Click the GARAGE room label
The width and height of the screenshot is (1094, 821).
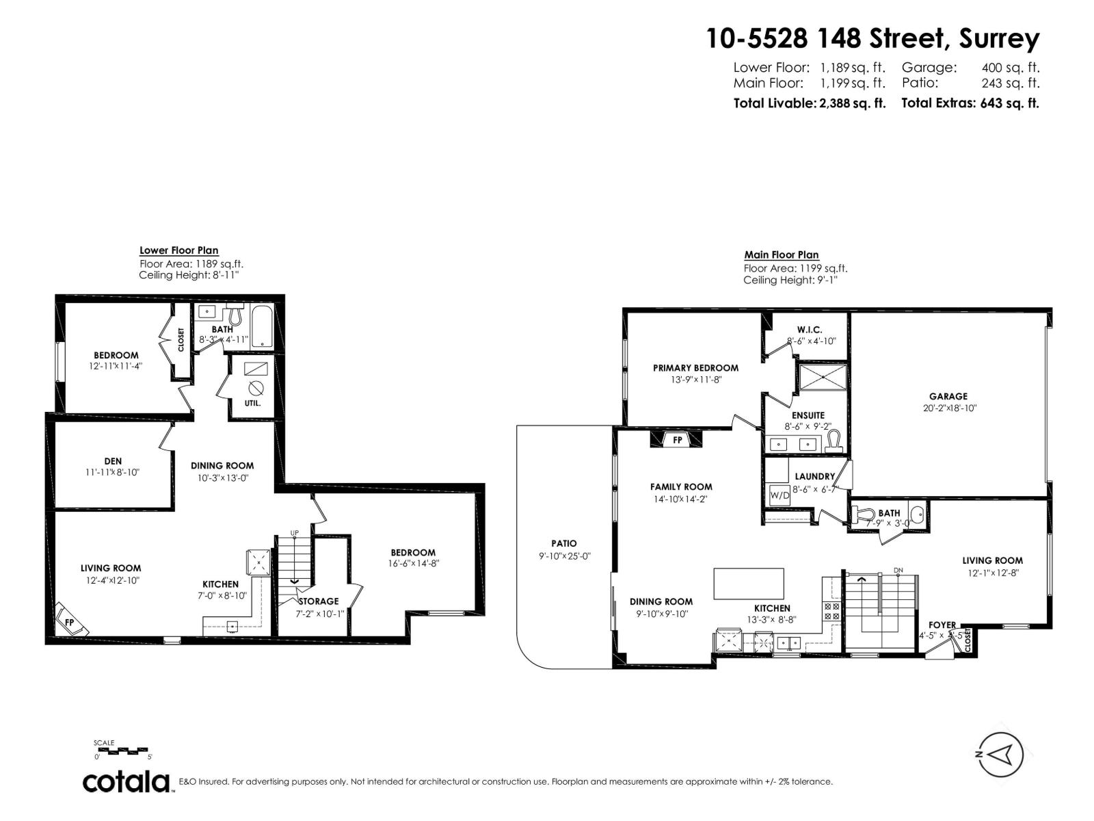click(948, 396)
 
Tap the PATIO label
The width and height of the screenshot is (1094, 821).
click(564, 543)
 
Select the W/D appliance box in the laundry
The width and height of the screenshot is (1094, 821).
click(779, 495)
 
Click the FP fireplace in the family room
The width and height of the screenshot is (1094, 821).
click(677, 440)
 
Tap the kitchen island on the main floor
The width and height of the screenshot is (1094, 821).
click(749, 584)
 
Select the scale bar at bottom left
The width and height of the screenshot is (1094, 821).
click(123, 751)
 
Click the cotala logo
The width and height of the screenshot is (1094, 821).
click(126, 781)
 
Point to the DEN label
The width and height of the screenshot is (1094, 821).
click(113, 461)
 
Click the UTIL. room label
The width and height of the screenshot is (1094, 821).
click(252, 403)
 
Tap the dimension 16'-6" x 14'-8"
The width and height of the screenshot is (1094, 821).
click(413, 564)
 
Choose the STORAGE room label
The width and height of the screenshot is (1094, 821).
click(319, 601)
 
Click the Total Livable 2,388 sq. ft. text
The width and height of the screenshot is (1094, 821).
click(809, 103)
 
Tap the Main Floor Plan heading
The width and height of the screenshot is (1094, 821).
click(781, 255)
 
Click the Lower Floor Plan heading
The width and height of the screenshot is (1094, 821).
click(178, 250)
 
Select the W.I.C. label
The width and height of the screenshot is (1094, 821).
click(809, 330)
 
